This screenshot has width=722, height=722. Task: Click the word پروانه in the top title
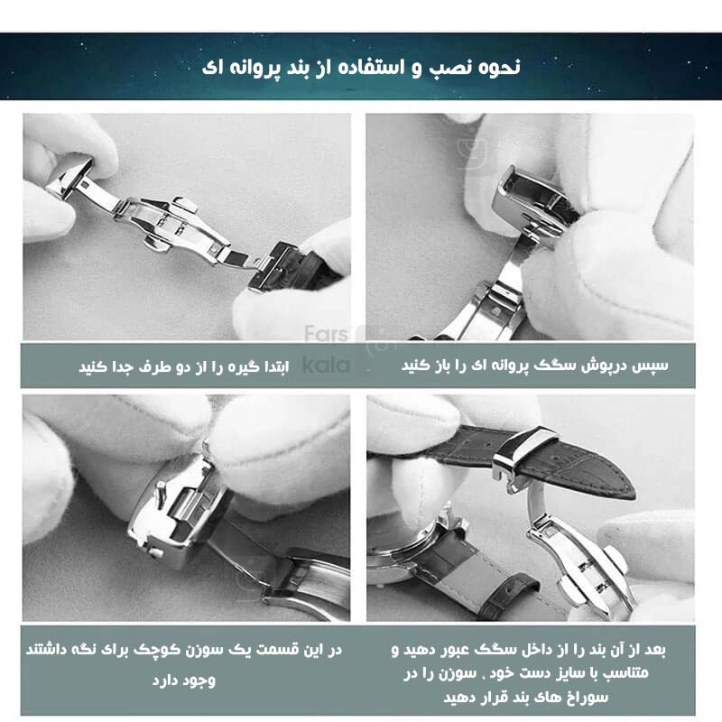coord(259,69)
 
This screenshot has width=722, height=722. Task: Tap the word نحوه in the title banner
coord(499,67)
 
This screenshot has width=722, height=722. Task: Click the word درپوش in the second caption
coord(606,366)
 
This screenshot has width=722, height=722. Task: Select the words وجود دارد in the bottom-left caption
coord(184,680)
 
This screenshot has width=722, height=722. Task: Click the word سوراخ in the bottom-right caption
coord(588,697)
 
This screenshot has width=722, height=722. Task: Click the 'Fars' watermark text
coord(326,333)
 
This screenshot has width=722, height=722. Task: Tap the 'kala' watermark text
coord(327,365)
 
